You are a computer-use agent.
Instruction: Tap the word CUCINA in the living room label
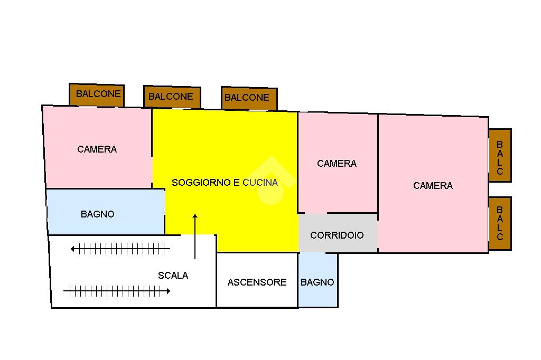[x=260, y=183]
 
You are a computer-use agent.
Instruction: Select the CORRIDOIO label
[x=337, y=235]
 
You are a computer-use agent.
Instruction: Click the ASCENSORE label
[x=257, y=282]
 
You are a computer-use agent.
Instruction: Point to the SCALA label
[x=173, y=275]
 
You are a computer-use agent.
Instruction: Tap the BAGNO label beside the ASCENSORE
[x=318, y=282]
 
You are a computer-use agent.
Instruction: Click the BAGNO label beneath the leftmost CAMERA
[x=98, y=214]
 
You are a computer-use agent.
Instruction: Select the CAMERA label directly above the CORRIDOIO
[x=337, y=164]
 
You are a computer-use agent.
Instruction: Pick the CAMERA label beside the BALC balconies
[x=433, y=185]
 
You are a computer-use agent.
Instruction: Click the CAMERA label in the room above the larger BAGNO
[x=97, y=149]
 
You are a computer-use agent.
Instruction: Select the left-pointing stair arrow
[x=120, y=249]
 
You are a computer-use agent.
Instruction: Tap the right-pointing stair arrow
[x=117, y=290]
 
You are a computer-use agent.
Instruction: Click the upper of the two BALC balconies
[x=500, y=156]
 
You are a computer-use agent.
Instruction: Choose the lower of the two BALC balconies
[x=500, y=223]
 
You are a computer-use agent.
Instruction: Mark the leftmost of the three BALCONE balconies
[x=98, y=94]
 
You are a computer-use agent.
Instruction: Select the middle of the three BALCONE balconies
[x=171, y=97]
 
